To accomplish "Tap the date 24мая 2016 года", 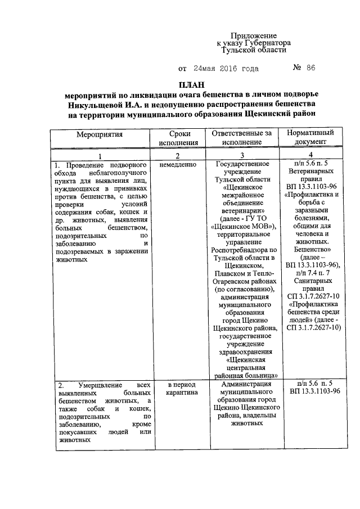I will (226, 69).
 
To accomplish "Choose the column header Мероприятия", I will (100, 134).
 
